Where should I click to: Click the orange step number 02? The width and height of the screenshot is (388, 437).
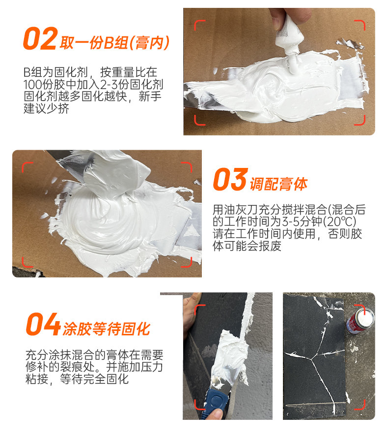40,38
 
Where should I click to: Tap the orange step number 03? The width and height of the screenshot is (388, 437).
230,179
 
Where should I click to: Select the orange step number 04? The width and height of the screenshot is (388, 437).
43,324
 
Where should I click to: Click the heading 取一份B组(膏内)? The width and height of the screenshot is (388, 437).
114,43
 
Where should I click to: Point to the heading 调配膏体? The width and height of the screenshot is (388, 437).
278,184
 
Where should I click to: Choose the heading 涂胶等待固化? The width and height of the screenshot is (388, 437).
107,329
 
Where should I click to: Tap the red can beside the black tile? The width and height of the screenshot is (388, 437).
360,320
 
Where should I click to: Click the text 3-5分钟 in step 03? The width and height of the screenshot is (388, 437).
302,222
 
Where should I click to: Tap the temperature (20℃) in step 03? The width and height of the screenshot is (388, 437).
339,222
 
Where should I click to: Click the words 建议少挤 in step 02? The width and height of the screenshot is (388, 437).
46,109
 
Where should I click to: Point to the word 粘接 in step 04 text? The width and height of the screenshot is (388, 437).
37,380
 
